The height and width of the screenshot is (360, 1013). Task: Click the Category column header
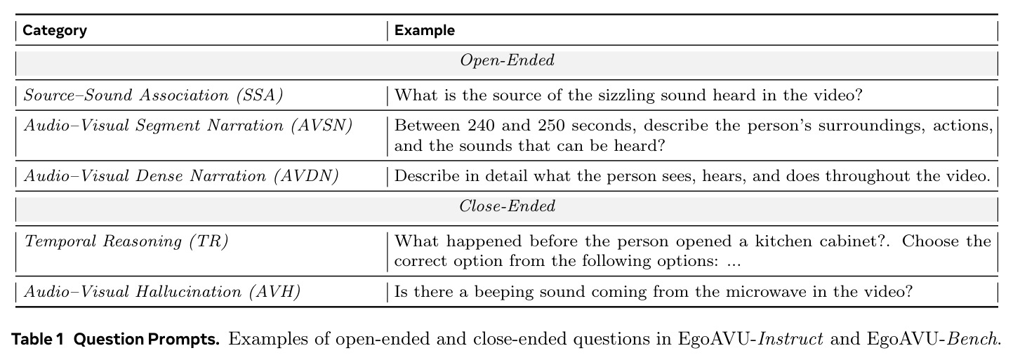(x=55, y=30)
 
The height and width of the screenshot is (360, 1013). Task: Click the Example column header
(x=425, y=30)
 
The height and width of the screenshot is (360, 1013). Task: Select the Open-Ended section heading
(x=507, y=60)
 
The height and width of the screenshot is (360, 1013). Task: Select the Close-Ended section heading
(x=507, y=206)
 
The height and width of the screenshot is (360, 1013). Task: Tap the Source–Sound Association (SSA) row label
(x=153, y=95)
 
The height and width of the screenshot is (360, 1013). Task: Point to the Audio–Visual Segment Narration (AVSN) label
(x=188, y=126)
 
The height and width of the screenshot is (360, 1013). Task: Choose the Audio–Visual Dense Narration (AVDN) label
(x=181, y=176)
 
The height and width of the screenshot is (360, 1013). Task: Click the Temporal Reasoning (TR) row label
(x=126, y=241)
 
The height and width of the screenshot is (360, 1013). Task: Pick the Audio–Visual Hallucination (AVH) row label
(x=162, y=292)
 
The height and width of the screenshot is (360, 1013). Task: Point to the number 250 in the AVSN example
(x=551, y=126)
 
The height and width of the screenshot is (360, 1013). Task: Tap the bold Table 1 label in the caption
(x=37, y=339)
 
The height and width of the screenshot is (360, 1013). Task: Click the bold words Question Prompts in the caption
(x=147, y=339)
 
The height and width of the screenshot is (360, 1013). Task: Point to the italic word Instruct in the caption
(x=790, y=339)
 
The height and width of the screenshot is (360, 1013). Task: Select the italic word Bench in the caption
(x=972, y=339)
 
